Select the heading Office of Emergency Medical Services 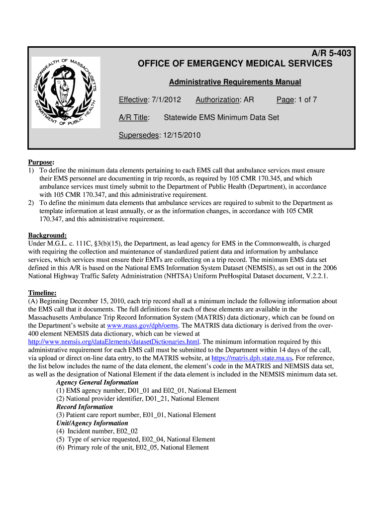click(x=235, y=64)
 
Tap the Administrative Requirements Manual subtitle click(x=235, y=82)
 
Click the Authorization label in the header click(x=217, y=100)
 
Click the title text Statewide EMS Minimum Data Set click(x=221, y=117)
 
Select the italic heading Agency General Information click(x=97, y=382)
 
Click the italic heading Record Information click(x=85, y=407)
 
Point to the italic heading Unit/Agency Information click(x=92, y=423)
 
